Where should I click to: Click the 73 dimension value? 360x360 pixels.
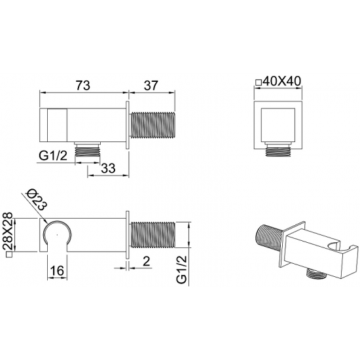[x=83, y=85]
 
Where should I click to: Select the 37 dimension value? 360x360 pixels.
[x=151, y=85]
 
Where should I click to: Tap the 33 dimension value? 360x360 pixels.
[x=108, y=168]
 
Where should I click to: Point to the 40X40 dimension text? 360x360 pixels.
[x=282, y=81]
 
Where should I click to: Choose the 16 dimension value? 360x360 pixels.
[x=57, y=270]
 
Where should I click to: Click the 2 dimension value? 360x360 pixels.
[x=146, y=261]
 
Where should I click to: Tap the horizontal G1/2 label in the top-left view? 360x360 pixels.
[x=53, y=156]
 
